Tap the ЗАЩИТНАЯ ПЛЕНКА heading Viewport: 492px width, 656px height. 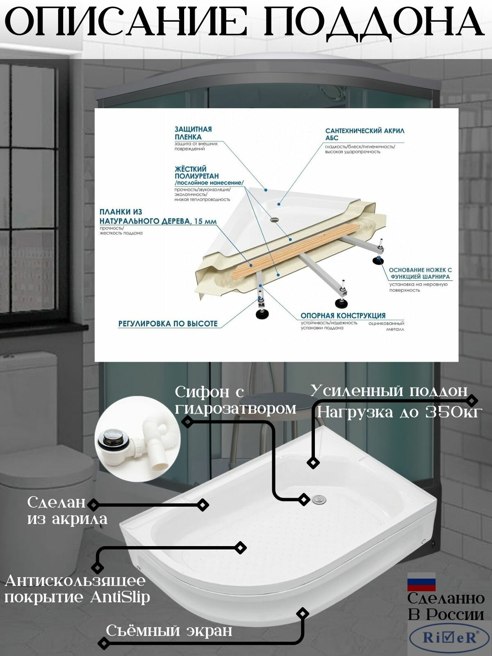[193, 133]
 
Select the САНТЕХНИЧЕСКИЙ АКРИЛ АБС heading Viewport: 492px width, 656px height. [364, 134]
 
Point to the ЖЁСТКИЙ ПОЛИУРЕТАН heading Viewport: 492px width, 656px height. [197, 173]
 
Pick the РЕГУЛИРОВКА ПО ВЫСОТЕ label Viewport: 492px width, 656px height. [168, 323]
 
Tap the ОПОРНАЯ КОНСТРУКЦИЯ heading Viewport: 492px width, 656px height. [343, 316]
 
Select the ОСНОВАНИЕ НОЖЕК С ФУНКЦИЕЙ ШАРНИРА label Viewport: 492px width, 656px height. [420, 273]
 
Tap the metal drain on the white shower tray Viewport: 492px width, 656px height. [319, 499]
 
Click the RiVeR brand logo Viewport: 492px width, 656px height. [450, 638]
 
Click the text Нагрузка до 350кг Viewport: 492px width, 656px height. [398, 412]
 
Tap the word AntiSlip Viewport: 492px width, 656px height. [120, 597]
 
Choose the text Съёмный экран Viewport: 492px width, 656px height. [169, 631]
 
